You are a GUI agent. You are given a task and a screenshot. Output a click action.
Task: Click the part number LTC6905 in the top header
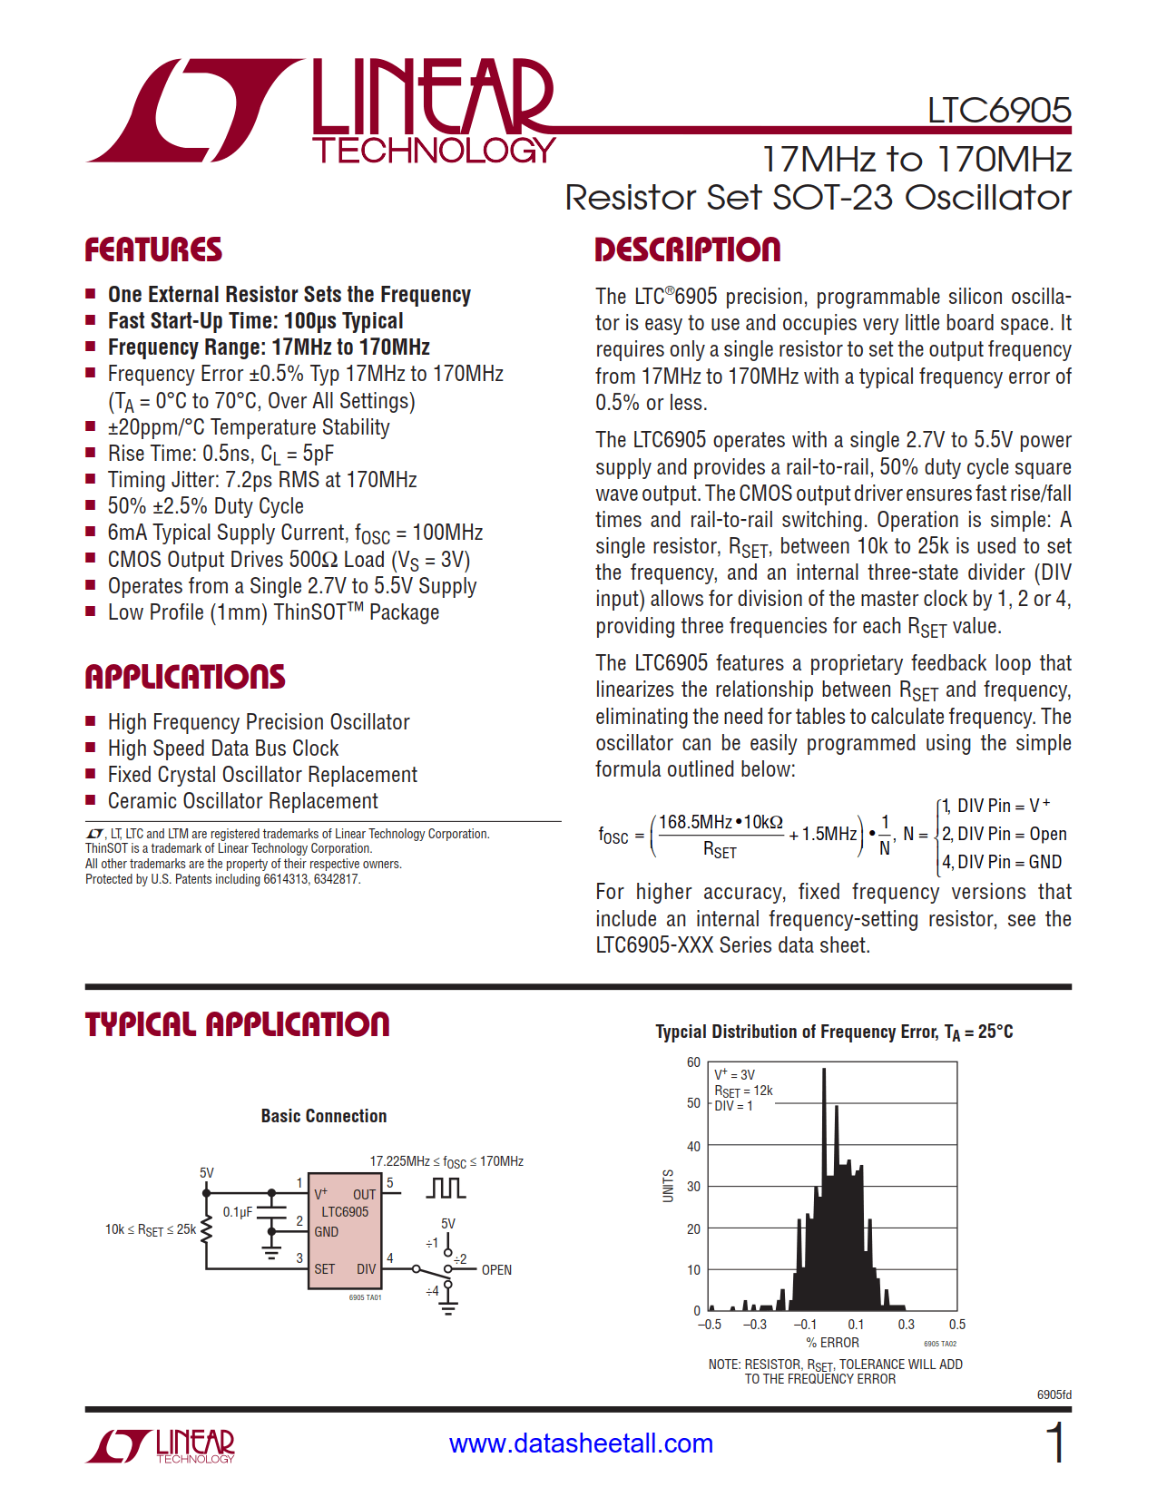coord(998,111)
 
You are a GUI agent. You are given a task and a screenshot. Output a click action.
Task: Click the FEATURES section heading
coord(153,249)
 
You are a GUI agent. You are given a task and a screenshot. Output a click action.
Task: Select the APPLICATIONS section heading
coord(185,677)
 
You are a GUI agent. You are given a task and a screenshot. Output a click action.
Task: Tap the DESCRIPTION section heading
coord(687,249)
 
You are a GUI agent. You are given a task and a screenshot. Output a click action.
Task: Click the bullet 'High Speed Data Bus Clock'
coord(222,748)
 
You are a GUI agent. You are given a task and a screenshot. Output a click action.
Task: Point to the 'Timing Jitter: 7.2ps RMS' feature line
coord(261,480)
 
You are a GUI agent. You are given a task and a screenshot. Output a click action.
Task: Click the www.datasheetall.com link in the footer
coord(581,1443)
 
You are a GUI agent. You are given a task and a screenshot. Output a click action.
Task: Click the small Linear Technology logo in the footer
coord(161,1445)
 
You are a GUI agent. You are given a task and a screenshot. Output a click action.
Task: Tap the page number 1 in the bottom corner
coord(1054,1443)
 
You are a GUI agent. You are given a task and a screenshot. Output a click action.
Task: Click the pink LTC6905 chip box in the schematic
coord(345,1230)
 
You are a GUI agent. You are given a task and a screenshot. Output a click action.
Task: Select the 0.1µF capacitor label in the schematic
coord(237,1212)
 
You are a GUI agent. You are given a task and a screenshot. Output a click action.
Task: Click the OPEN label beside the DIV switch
coord(496,1270)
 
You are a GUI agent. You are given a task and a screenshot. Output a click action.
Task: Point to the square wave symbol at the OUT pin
coord(446,1188)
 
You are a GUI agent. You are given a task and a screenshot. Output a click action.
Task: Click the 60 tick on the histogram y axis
coord(693,1062)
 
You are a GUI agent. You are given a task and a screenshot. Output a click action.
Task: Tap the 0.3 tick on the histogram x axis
coord(906,1325)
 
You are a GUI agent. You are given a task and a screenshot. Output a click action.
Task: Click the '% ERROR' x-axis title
coord(832,1343)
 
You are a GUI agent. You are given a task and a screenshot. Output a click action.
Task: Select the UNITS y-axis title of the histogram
coord(669,1186)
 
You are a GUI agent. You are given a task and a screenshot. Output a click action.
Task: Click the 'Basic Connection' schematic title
coord(323,1116)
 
